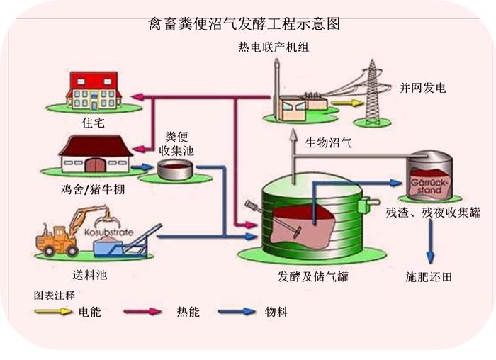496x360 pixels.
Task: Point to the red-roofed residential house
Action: coord(94,89)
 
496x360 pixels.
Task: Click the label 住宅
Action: coord(93,123)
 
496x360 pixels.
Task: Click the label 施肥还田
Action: coord(429,274)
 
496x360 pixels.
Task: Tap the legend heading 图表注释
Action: coord(54,293)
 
